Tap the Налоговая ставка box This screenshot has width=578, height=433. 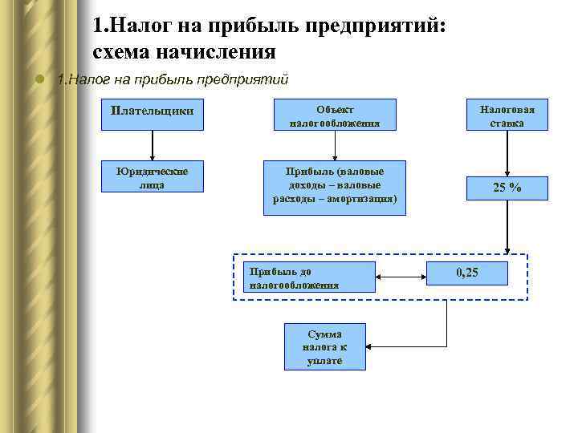[506, 115]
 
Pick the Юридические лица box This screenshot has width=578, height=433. [153, 177]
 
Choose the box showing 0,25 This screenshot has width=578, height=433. [467, 273]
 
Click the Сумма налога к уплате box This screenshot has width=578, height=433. [324, 346]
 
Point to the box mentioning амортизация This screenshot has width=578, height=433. [335, 187]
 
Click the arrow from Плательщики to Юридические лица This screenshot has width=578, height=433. [153, 146]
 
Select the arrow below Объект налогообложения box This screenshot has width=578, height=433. [335, 145]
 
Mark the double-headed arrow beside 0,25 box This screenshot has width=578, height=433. [401, 277]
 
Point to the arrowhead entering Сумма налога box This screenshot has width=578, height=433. [370, 346]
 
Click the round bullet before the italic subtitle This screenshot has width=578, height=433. [38, 79]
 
